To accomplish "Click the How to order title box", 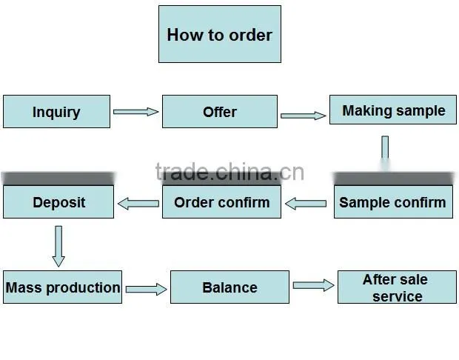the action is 220,34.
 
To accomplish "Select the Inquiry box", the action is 56,111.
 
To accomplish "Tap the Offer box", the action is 220,111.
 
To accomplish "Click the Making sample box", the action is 393,110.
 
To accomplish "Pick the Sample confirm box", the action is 393,201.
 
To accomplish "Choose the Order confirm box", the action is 221,201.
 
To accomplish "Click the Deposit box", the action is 58,201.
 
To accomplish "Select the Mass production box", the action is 62,287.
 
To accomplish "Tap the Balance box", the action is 229,287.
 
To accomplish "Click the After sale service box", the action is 397,287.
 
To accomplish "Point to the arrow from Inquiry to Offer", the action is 136,112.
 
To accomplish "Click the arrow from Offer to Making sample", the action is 304,116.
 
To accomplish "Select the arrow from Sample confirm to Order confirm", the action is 306,204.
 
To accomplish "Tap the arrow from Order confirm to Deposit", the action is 138,204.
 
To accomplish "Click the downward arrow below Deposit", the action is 58,246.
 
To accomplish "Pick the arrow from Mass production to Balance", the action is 147,290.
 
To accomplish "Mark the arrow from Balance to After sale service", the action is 313,285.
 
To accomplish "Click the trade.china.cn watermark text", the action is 230,172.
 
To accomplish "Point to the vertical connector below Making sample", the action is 385,153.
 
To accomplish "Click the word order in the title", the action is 250,35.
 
